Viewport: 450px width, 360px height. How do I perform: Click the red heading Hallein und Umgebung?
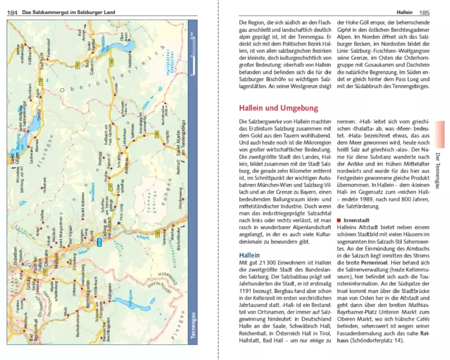pos(278,108)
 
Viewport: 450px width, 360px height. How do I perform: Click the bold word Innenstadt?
pos(356,220)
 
